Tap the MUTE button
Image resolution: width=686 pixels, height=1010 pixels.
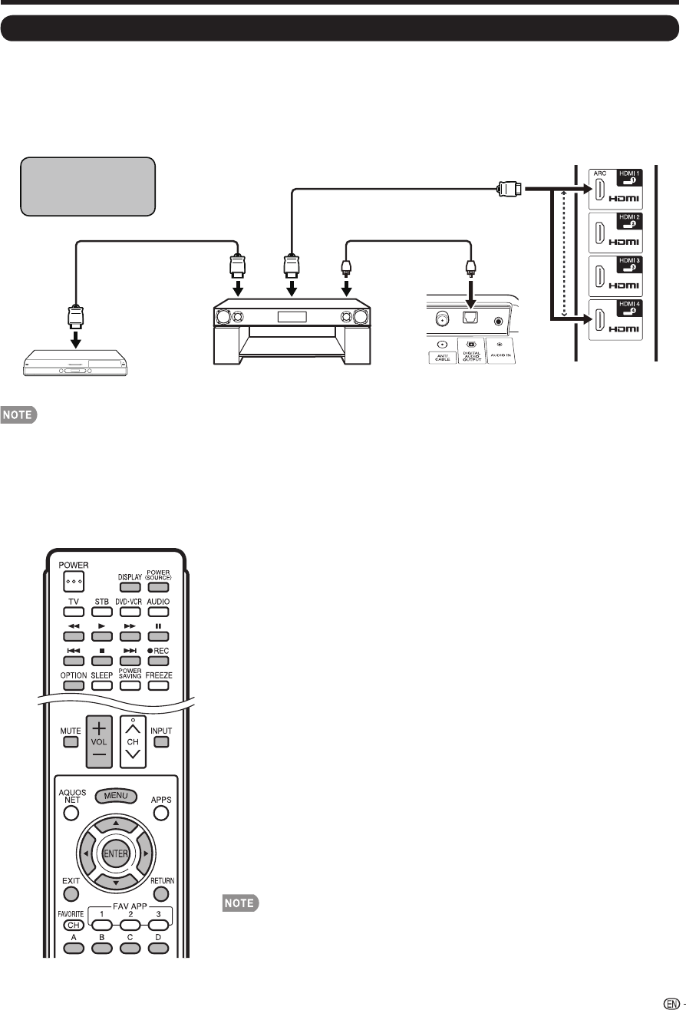[x=71, y=742]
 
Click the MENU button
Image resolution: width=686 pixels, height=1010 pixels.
[x=116, y=796]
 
